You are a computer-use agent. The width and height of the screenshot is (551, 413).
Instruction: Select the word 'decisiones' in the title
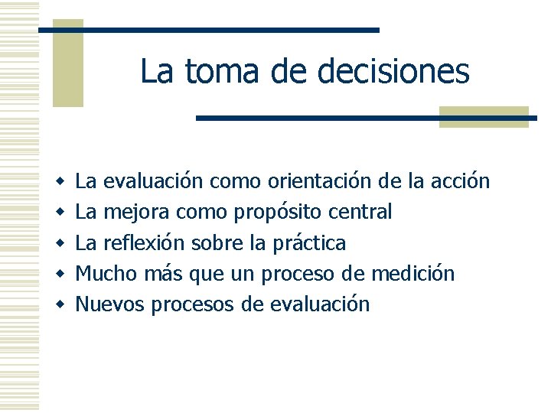pyautogui.click(x=392, y=72)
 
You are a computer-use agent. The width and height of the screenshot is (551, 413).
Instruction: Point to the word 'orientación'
pyautogui.click(x=320, y=181)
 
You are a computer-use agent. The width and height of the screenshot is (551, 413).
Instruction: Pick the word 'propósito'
pyautogui.click(x=276, y=213)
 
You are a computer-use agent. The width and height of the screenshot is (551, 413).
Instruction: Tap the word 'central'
pyautogui.click(x=364, y=212)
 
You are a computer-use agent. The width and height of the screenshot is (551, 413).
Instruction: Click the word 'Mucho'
pyautogui.click(x=104, y=274)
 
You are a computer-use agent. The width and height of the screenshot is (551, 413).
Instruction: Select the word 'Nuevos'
pyautogui.click(x=110, y=304)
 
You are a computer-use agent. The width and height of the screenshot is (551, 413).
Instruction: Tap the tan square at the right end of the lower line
pyautogui.click(x=484, y=116)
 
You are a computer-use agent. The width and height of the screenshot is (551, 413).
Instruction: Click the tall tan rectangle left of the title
pyautogui.click(x=67, y=63)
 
